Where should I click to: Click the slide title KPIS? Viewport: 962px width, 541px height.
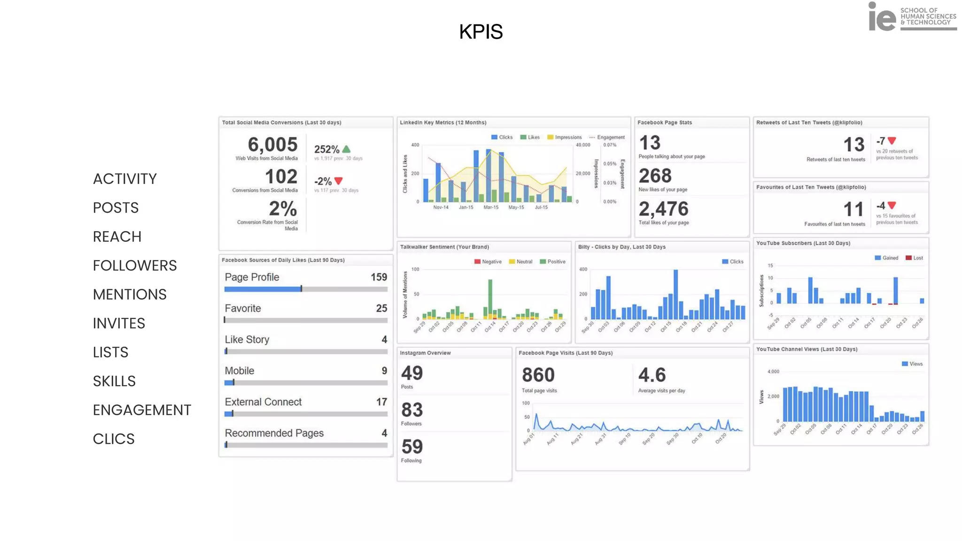[x=481, y=32]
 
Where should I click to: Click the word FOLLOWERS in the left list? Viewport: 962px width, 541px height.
[x=134, y=265]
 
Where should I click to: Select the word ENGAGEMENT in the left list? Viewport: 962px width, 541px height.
[x=141, y=410]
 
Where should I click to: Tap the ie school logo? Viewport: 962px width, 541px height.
[x=912, y=17]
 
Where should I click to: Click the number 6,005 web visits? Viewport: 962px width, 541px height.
[x=272, y=145]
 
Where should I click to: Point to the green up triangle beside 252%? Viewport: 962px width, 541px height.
[x=347, y=149]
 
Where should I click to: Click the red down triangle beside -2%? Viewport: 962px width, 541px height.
[x=339, y=181]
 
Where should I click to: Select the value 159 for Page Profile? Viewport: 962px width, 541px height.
[x=379, y=277]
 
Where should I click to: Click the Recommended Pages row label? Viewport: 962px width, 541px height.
[x=274, y=433]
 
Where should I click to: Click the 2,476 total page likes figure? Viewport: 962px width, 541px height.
[x=663, y=209]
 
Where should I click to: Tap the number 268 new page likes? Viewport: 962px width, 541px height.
[x=655, y=176]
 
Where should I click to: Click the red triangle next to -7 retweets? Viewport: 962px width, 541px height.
[x=892, y=140]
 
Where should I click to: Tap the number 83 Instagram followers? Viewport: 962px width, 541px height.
[x=412, y=410]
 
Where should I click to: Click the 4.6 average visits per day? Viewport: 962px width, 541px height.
[x=652, y=375]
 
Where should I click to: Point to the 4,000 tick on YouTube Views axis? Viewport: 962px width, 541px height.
[x=773, y=371]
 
